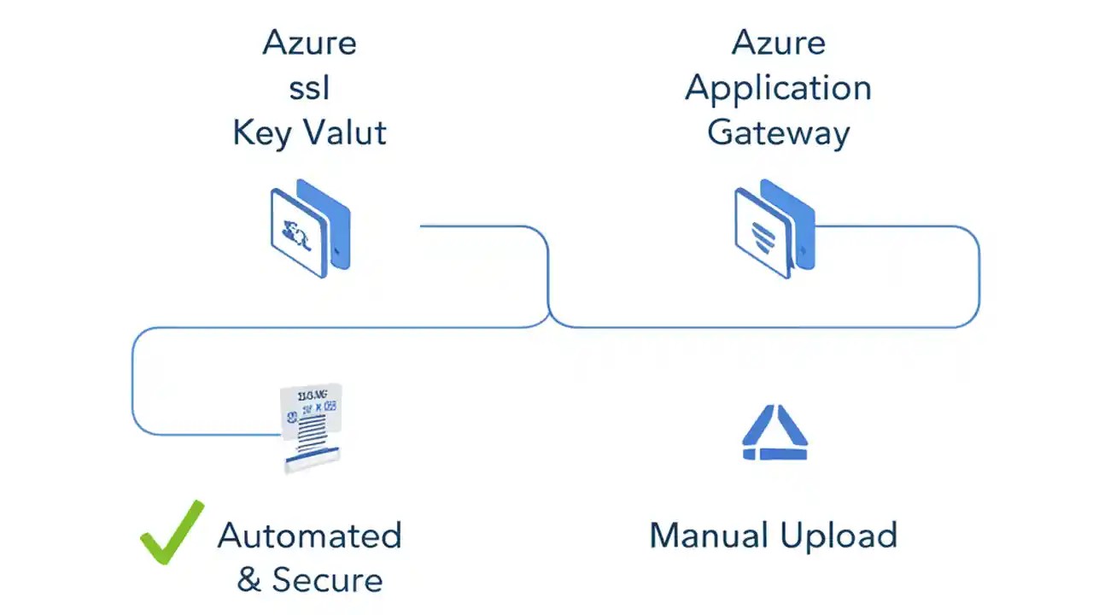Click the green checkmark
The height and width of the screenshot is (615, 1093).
click(x=172, y=532)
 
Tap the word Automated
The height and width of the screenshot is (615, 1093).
click(x=309, y=536)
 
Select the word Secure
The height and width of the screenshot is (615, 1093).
click(x=327, y=580)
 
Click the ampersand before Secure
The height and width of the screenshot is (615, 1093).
click(x=248, y=580)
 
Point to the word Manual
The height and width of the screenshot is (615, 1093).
click(x=708, y=536)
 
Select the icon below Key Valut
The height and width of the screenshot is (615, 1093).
click(x=309, y=228)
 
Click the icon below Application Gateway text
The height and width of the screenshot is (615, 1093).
click(x=774, y=228)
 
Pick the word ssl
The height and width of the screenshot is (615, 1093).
click(x=309, y=87)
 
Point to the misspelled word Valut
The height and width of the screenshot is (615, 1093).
click(x=347, y=133)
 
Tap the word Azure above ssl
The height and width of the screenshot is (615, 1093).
click(x=309, y=43)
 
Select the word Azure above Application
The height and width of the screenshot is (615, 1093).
click(x=778, y=43)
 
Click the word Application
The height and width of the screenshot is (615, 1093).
click(x=778, y=89)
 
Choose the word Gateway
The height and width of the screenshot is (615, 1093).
click(x=778, y=133)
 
